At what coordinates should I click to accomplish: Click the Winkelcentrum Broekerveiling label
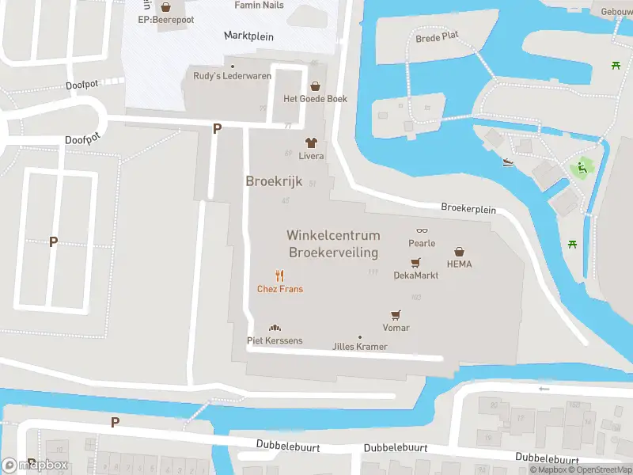(x=333, y=244)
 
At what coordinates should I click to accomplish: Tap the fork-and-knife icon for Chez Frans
(x=279, y=275)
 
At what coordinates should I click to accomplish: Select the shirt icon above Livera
(x=311, y=142)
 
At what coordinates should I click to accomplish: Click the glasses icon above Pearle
(x=422, y=230)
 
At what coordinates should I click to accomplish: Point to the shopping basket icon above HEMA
(x=459, y=251)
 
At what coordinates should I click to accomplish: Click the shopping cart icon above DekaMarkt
(x=415, y=263)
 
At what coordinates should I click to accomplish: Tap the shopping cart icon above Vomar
(x=396, y=314)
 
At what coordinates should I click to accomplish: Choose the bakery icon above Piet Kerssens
(x=275, y=328)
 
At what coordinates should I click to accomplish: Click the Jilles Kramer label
(x=360, y=347)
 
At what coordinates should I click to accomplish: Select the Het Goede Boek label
(x=316, y=99)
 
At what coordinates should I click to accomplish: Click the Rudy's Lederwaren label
(x=233, y=76)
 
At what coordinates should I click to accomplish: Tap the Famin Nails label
(x=259, y=5)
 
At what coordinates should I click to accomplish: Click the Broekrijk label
(x=274, y=181)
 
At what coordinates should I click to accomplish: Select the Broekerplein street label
(x=468, y=210)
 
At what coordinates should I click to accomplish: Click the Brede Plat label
(x=437, y=37)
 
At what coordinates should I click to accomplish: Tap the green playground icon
(x=582, y=167)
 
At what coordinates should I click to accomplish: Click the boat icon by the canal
(x=509, y=162)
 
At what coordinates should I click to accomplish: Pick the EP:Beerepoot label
(x=166, y=19)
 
